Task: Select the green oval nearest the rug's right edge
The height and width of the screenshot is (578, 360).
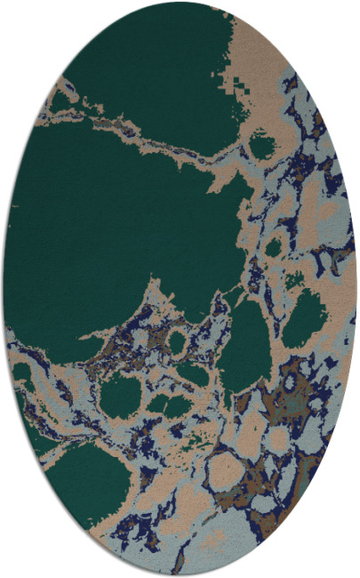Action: coord(307,317)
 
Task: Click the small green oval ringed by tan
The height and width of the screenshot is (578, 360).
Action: coord(177,341)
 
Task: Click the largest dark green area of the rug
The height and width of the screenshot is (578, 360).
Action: coord(116,231)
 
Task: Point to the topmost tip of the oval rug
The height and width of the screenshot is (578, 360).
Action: coord(180,2)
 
